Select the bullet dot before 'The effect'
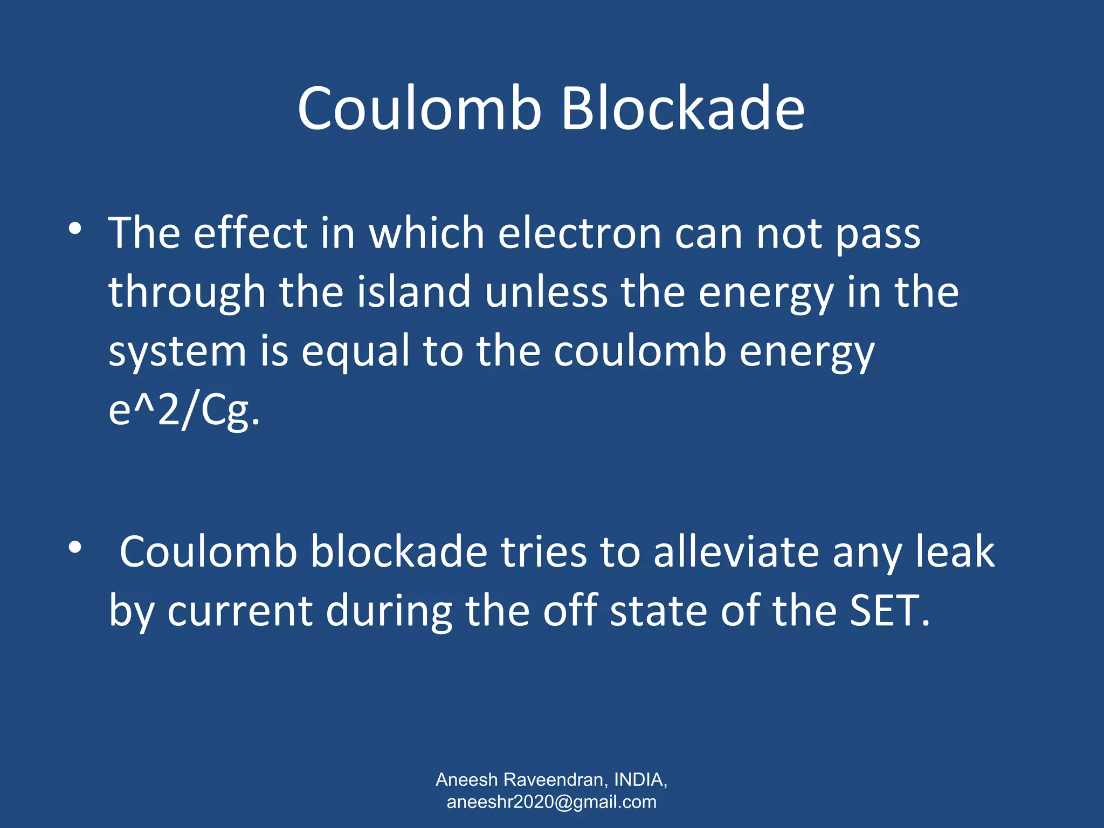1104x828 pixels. (75, 229)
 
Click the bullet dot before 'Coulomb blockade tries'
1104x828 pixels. (75, 548)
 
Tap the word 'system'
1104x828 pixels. (177, 351)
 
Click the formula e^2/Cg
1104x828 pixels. (184, 411)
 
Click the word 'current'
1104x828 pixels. (240, 611)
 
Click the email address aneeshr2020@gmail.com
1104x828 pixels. (551, 802)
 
